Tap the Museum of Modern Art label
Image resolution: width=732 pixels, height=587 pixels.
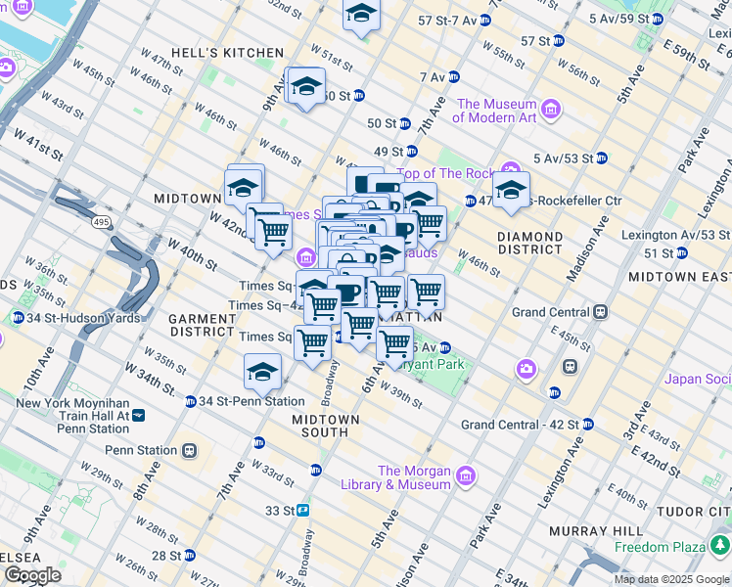496,111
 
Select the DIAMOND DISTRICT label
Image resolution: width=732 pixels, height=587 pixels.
529,244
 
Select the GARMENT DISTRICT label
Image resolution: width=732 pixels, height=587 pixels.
201,325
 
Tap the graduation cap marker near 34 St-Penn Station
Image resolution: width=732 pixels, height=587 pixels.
262,372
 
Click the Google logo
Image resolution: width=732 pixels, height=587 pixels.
32,575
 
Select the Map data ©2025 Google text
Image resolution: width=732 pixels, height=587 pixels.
669,579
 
